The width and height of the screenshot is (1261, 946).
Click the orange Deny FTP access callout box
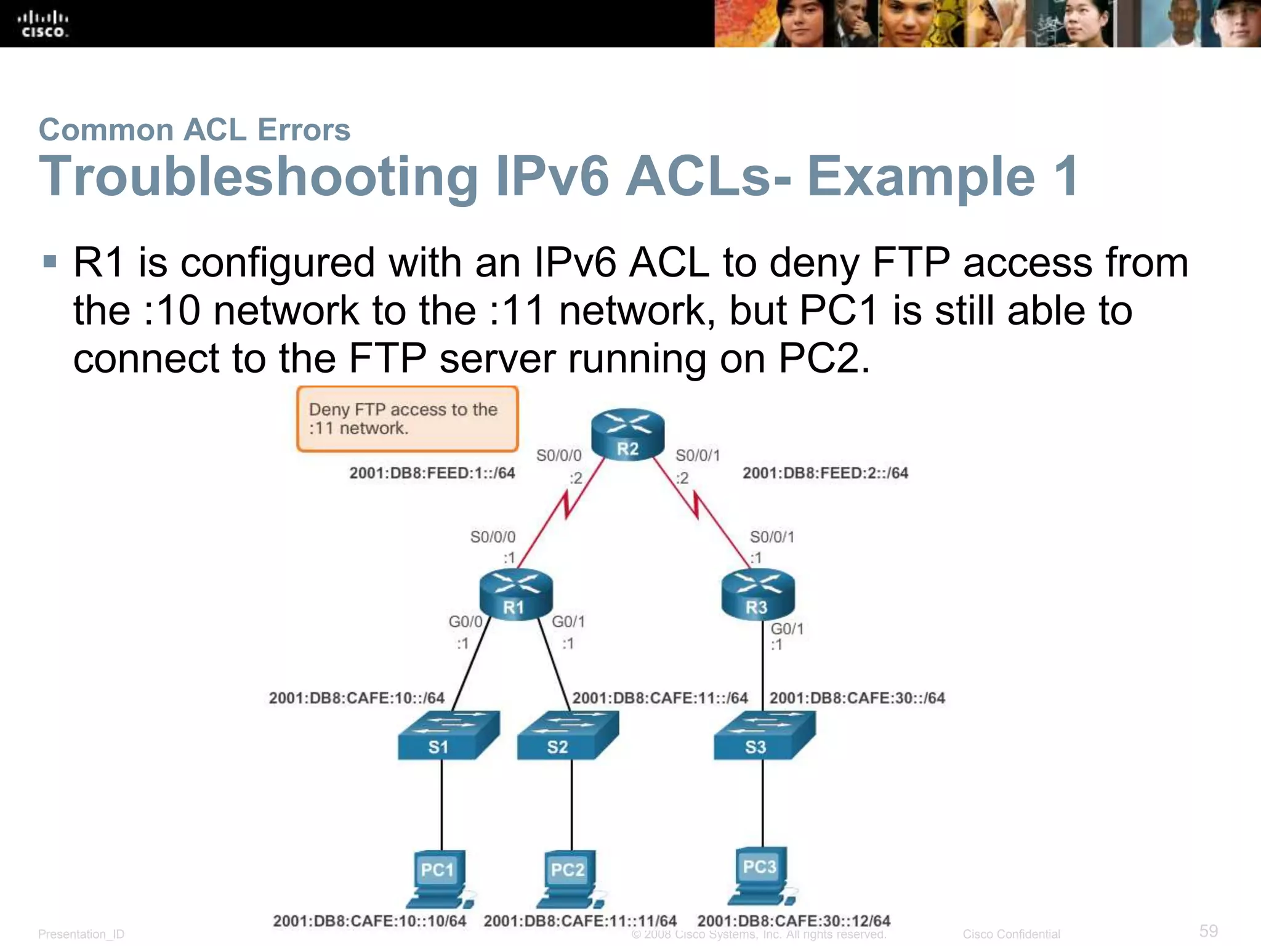407,419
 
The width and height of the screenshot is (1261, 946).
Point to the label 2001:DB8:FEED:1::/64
432,473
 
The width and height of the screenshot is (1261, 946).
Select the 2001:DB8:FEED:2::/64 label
825,473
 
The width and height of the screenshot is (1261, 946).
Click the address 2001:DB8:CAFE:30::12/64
793,921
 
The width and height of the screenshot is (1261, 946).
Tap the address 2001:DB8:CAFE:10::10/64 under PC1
369,921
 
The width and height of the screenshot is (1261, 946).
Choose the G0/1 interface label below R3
787,629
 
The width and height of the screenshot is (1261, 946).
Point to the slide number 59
1208,931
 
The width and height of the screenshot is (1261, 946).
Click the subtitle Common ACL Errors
194,130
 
